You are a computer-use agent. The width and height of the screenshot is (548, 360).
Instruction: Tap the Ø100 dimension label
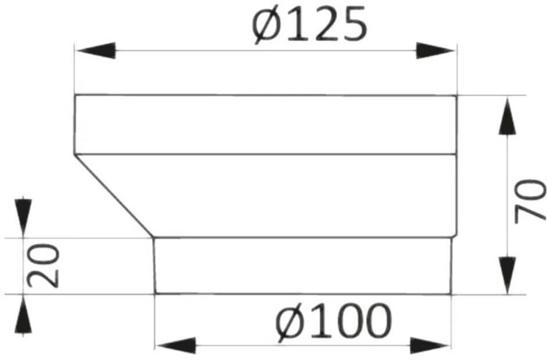click(333, 323)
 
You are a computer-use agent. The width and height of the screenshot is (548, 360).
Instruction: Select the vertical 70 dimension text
click(530, 201)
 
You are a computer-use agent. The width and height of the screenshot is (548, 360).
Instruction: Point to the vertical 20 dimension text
click(44, 265)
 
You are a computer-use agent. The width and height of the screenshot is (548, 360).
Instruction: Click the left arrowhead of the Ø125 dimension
click(96, 51)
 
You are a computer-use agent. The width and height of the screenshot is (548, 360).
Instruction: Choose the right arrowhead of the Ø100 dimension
click(430, 345)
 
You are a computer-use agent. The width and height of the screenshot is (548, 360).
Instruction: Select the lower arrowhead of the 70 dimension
click(507, 275)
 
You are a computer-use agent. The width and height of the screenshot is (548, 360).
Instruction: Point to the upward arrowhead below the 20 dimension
click(23, 315)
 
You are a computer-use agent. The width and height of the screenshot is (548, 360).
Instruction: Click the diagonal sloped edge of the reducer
click(114, 196)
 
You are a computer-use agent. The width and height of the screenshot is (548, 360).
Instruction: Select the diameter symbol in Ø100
click(291, 323)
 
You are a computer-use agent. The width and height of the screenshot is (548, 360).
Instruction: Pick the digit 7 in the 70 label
click(530, 213)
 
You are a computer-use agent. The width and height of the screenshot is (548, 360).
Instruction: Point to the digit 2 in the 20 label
click(44, 278)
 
